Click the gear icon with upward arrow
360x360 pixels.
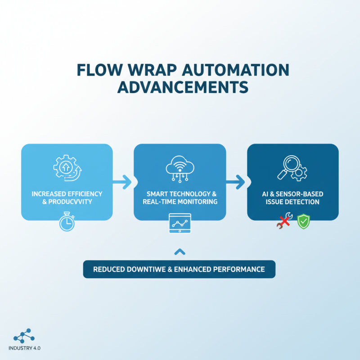pyautogui.click(x=67, y=167)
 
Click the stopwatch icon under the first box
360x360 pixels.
pyautogui.click(x=67, y=222)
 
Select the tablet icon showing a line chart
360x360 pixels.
pyautogui.click(x=180, y=224)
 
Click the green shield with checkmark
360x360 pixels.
pyautogui.click(x=304, y=221)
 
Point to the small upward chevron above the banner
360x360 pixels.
pyautogui.click(x=180, y=251)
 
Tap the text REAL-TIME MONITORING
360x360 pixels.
pyautogui.click(x=180, y=202)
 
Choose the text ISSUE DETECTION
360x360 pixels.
pyautogui.click(x=292, y=202)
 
